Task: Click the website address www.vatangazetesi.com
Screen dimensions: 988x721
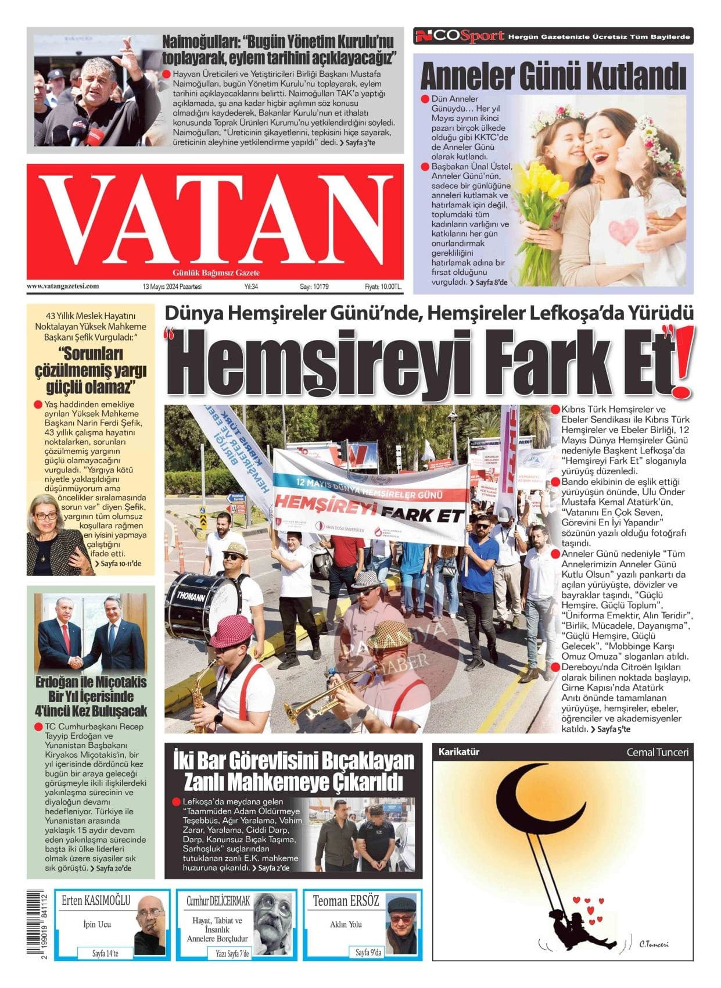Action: [63, 286]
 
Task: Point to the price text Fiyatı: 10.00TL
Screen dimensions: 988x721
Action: [383, 287]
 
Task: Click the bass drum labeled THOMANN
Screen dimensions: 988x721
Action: [200, 604]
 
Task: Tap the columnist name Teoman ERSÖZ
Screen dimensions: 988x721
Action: [346, 901]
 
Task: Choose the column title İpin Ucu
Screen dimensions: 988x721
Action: [97, 924]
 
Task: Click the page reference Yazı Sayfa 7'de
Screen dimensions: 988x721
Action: [232, 954]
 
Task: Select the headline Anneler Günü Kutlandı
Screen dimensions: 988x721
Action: [553, 76]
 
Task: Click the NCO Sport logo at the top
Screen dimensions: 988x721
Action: [460, 37]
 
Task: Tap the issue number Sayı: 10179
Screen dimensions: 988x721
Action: [314, 287]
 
